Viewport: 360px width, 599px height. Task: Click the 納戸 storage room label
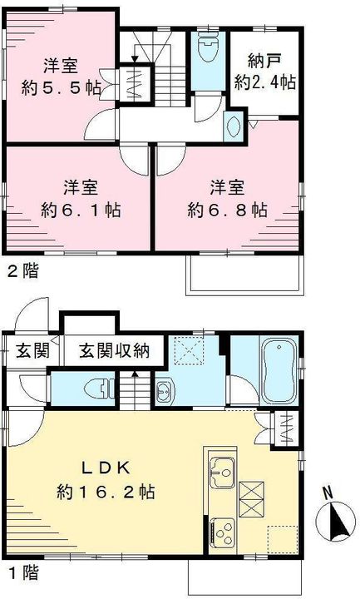(264, 61)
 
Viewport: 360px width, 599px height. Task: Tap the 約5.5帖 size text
(61, 89)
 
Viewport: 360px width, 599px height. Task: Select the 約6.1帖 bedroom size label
(81, 210)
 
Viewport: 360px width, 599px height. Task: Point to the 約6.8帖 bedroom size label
(227, 210)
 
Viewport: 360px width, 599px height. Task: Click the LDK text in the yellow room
(106, 468)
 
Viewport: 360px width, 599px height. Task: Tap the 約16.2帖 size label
(106, 492)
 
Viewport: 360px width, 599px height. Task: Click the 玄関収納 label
(115, 350)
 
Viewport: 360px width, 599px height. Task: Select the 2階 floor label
(23, 271)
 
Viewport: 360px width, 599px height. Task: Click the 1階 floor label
(23, 572)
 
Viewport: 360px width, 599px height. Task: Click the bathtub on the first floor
(279, 369)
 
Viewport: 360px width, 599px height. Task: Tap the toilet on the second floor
(208, 47)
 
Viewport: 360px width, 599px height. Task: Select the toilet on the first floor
(98, 389)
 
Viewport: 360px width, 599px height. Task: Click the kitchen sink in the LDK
(222, 473)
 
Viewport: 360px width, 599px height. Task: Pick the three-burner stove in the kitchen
(223, 532)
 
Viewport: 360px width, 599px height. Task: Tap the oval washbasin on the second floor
(234, 126)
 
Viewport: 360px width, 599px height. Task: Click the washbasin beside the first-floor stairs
(165, 392)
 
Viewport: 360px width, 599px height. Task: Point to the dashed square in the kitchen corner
(283, 540)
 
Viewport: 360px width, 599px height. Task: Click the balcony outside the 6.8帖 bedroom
(245, 275)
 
